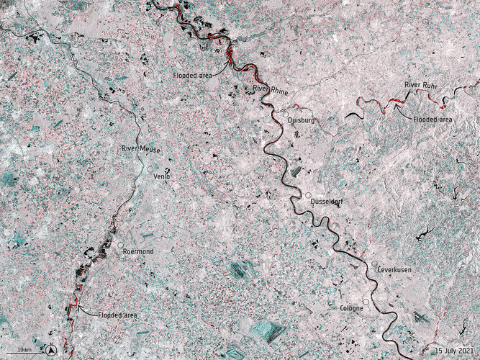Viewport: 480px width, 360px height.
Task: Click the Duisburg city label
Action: (302, 121)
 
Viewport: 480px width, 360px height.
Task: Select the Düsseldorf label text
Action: (325, 202)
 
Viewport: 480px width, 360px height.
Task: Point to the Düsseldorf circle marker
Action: (308, 196)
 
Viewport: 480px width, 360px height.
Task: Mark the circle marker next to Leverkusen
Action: (374, 262)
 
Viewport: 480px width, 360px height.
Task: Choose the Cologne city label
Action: (351, 308)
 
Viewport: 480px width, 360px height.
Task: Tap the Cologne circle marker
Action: (366, 301)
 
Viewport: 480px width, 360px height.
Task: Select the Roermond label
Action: (138, 251)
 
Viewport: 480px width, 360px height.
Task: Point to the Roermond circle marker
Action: (120, 245)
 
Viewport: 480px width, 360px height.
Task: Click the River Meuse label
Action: (140, 149)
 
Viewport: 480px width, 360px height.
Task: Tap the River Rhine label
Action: (270, 88)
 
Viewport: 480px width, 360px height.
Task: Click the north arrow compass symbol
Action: (52, 351)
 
